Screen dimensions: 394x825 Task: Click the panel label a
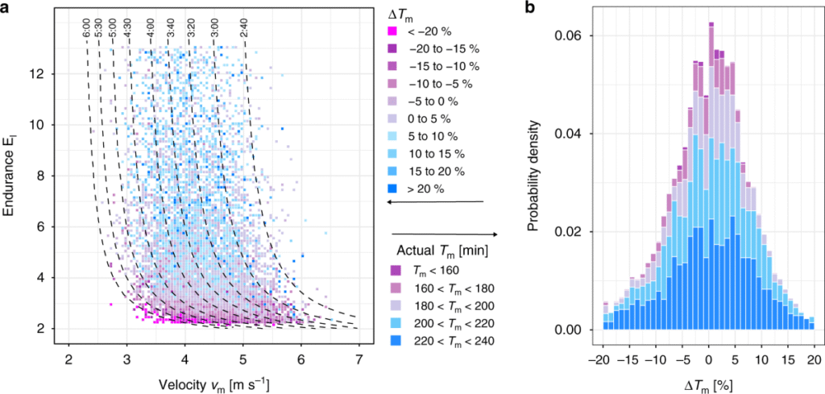[x=7, y=8]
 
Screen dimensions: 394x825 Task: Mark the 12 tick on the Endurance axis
[x=48, y=74]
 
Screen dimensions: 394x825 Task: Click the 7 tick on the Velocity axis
[x=359, y=359]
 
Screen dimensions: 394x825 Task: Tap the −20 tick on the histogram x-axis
[x=599, y=359]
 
